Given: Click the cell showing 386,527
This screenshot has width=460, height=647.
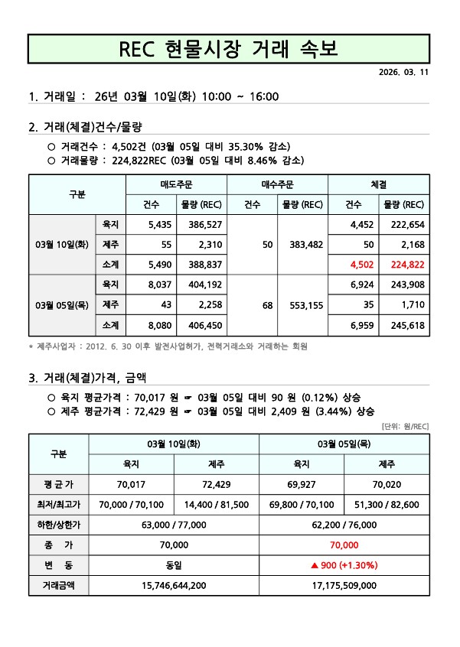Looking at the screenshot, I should click(201, 225).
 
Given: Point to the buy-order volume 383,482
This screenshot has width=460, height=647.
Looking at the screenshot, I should click(302, 245).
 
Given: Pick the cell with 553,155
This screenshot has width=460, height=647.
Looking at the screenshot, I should click(302, 304).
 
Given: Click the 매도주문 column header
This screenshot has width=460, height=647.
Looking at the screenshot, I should click(176, 184).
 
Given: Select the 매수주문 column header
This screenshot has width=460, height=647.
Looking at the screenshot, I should click(277, 184).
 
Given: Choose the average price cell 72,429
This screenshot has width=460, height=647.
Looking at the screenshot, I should click(217, 484).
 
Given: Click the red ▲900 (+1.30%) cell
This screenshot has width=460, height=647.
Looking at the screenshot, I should click(344, 565).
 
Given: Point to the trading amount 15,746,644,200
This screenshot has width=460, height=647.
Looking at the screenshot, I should click(174, 586).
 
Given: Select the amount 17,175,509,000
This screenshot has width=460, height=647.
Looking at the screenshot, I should click(344, 586).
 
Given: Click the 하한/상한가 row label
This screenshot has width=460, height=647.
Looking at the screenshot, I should click(58, 525).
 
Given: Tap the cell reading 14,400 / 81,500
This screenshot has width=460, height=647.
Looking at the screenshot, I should click(217, 505).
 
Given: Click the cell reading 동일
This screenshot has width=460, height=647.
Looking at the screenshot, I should click(174, 565).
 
